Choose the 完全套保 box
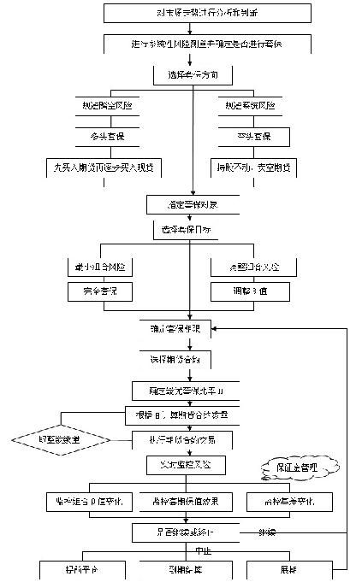tap(95, 292)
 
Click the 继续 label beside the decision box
tap(268, 532)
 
